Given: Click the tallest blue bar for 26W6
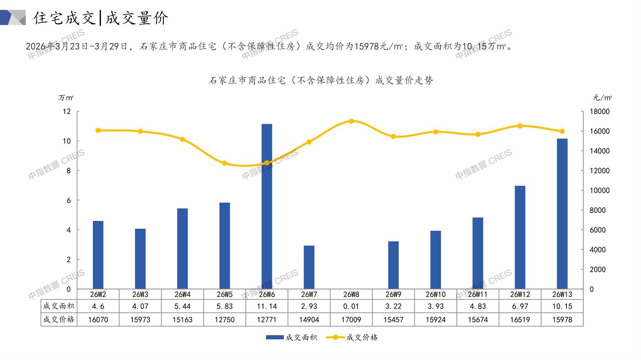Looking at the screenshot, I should point(267,206).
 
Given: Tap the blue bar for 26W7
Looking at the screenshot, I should point(309,267).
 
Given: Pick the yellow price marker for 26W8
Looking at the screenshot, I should point(351,121).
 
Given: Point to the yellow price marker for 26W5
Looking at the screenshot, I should point(225,163).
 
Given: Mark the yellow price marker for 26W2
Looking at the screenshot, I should point(98,130).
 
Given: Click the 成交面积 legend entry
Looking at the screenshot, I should point(291,337).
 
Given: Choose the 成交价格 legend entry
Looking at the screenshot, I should point(352,337).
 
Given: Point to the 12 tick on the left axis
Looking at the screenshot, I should point(67,112).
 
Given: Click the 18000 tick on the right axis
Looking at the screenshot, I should point(600,112).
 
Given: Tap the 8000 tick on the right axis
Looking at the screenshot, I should point(597,210).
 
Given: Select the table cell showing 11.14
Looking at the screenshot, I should point(267,306).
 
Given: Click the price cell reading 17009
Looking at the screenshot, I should point(351,320).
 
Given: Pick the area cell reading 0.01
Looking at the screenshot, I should point(351,306).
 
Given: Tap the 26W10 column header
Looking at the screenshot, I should point(436,294).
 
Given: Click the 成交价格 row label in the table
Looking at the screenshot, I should point(58,320).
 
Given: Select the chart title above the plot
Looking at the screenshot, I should point(320,81).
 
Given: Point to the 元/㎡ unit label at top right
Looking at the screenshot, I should point(602,98).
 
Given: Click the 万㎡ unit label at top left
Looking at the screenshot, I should point(66,98).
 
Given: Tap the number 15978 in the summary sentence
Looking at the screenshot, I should point(366,47).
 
